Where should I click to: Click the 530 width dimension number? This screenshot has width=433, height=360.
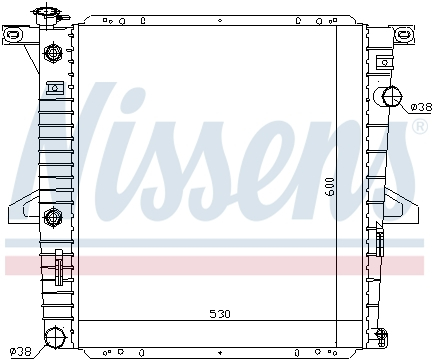point(220,314)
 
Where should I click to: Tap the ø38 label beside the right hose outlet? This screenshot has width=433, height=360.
point(420,105)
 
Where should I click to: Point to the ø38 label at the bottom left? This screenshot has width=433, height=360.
point(19,351)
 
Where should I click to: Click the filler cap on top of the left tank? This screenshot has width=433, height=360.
point(45,17)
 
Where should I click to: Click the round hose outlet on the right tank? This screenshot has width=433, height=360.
point(391,97)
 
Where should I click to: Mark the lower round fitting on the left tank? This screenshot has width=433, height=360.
point(54,212)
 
